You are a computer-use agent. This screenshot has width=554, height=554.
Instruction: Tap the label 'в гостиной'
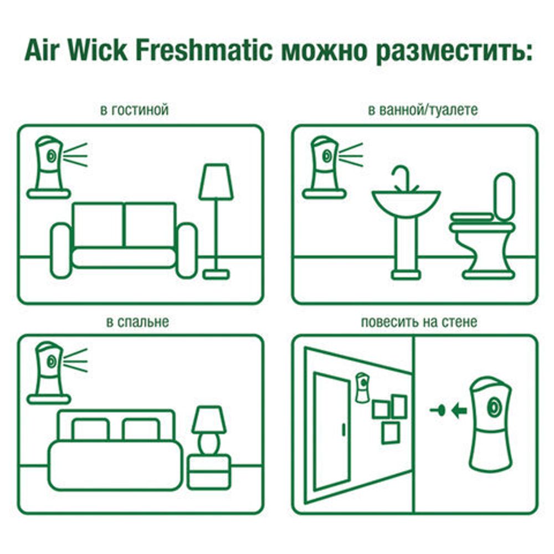point(135,110)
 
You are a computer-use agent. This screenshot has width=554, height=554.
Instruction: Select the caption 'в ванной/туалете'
point(423,110)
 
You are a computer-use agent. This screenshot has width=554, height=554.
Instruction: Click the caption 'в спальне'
point(137,321)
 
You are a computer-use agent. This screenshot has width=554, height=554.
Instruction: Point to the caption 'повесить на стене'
point(419,321)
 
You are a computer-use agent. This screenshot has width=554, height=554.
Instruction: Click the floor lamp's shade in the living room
point(216,182)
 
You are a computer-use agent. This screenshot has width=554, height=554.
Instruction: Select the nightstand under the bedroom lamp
point(209,471)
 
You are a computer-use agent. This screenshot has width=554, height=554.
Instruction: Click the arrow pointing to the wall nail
point(459,411)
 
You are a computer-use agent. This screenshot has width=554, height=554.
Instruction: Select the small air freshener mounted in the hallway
point(362,388)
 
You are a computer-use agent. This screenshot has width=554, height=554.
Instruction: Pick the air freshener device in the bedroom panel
point(49,368)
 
